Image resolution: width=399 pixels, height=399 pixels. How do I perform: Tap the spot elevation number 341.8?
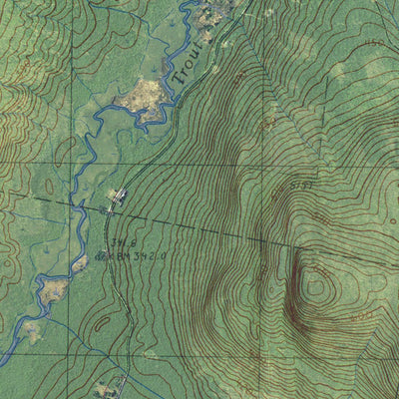[124, 241]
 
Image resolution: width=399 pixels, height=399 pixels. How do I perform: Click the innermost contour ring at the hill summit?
[318, 284]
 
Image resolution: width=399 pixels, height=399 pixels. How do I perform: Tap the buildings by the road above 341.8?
[118, 197]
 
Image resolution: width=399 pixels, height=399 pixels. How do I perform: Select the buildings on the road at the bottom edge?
[112, 387]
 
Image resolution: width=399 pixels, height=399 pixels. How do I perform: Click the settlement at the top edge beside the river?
[215, 12]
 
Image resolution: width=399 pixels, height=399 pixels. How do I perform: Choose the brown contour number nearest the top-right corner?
[374, 45]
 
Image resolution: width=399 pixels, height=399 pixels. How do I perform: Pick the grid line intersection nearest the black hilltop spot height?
[260, 165]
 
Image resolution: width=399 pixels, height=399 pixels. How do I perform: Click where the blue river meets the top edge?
[187, 3]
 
